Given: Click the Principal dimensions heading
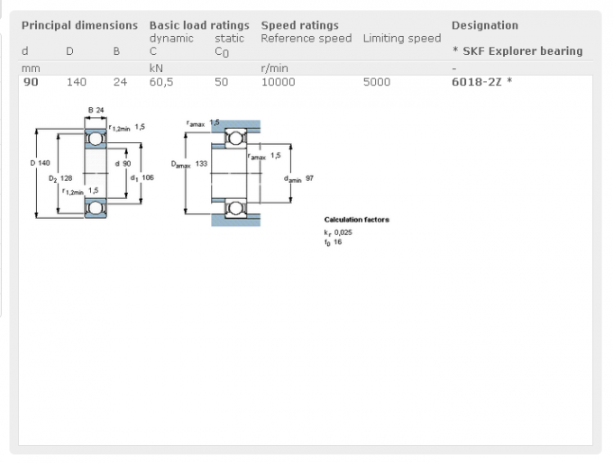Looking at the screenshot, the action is tap(79, 25).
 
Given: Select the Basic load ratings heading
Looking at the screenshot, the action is tap(199, 25).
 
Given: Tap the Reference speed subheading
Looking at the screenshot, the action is tap(306, 39).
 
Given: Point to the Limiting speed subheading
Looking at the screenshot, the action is tap(402, 39).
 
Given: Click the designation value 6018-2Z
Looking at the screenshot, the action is tap(477, 82).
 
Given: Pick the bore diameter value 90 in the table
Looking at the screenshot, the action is tap(31, 82).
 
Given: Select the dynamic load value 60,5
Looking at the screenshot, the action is tap(161, 83).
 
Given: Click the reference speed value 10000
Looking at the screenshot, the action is tap(278, 82).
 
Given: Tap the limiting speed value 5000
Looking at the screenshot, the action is tap(377, 82).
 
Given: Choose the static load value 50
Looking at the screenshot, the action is tap(221, 82).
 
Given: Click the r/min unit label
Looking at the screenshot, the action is tap(274, 68).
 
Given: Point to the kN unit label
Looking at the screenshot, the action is tap(156, 68).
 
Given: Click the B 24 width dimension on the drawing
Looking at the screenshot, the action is tap(96, 110).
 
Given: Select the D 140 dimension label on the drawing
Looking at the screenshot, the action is tap(41, 163).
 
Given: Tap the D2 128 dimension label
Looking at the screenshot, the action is tap(60, 178).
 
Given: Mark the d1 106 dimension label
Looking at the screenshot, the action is tap(142, 178).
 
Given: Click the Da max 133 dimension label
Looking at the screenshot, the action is tap(189, 164).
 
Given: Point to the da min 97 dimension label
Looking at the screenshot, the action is tap(298, 178).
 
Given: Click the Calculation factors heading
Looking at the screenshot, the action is tap(357, 220).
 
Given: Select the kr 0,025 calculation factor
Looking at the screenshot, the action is tap(338, 233).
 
